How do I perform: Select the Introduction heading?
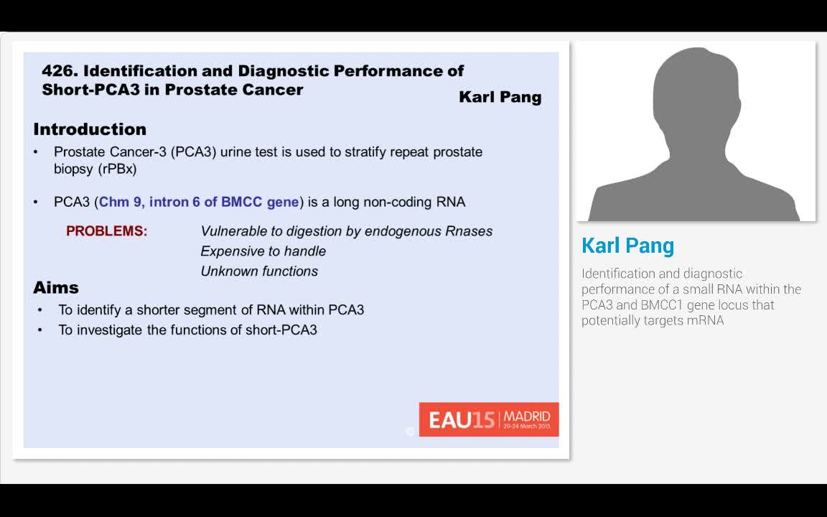90,129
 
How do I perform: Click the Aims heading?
56,288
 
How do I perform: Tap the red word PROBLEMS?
106,231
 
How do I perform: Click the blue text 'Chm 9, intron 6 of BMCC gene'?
199,202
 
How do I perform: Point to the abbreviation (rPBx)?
116,170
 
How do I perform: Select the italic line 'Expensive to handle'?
263,251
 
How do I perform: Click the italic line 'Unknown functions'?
259,271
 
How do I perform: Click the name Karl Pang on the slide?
500,97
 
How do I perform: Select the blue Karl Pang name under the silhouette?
627,246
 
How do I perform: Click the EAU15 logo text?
462,419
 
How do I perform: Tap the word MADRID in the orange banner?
527,416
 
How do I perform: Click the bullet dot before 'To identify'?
40,310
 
